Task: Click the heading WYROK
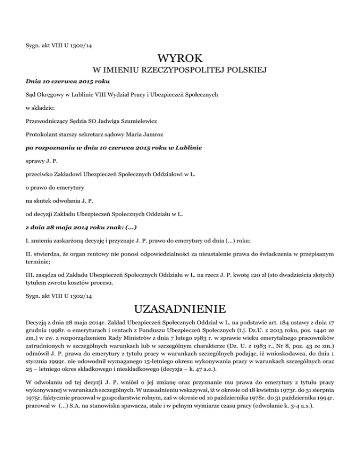(x=180, y=60)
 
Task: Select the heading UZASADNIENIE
(x=180, y=309)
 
